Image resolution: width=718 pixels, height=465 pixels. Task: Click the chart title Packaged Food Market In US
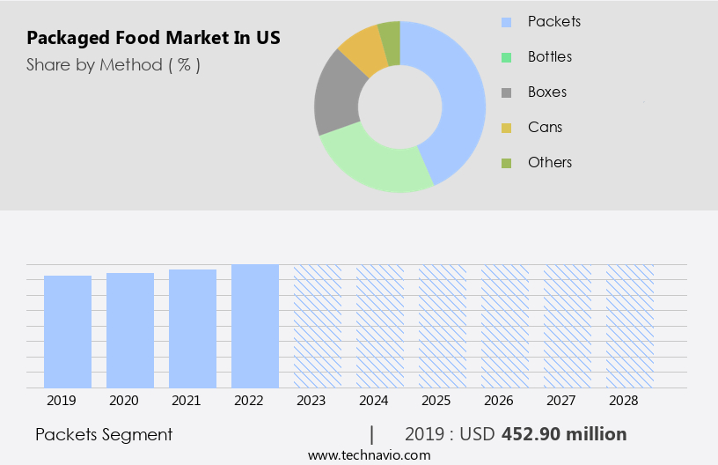click(154, 39)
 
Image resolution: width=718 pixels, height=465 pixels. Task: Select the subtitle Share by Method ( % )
click(114, 65)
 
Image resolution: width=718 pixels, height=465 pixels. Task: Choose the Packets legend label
click(553, 21)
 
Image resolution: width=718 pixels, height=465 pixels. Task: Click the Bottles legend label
click(549, 56)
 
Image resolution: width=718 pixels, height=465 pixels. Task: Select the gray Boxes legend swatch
click(506, 92)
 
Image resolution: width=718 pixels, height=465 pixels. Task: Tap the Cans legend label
click(545, 127)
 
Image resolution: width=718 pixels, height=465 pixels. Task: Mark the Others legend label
click(549, 162)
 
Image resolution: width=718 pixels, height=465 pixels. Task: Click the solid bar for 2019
click(68, 331)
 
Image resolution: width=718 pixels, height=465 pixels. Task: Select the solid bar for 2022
click(255, 326)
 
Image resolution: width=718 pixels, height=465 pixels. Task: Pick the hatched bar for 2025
click(443, 326)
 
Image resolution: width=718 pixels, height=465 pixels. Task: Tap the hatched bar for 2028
click(630, 326)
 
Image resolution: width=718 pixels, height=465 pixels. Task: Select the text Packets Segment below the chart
click(104, 434)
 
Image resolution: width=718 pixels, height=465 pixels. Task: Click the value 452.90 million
click(564, 434)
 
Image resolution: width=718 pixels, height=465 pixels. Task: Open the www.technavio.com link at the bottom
click(369, 455)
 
